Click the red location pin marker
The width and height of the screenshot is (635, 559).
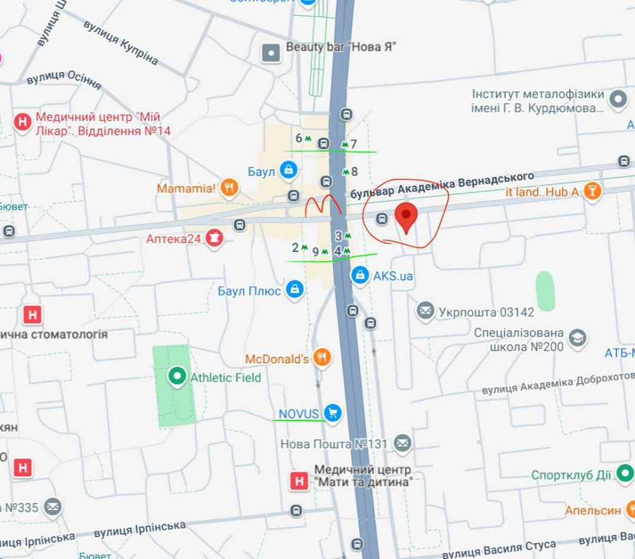(x=406, y=217)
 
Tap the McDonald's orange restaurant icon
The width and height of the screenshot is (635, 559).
(x=323, y=358)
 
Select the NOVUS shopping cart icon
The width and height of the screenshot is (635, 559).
(x=332, y=413)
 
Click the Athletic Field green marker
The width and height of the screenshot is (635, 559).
(x=177, y=376)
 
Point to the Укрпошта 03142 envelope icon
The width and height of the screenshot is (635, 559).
(x=425, y=311)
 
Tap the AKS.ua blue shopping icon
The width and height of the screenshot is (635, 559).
(x=360, y=275)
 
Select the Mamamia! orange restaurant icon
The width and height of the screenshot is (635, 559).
(x=230, y=188)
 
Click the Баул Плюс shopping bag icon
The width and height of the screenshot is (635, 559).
(x=294, y=290)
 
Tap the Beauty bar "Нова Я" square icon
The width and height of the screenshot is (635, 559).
(x=271, y=53)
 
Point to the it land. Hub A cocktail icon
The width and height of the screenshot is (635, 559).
(x=592, y=191)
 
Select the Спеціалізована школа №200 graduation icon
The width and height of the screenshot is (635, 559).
(x=577, y=338)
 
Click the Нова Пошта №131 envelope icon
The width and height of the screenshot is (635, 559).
(x=402, y=443)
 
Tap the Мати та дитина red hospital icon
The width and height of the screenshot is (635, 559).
(x=298, y=481)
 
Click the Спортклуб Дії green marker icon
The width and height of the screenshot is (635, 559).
(x=625, y=474)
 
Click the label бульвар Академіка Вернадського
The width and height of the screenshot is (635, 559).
(x=442, y=184)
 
